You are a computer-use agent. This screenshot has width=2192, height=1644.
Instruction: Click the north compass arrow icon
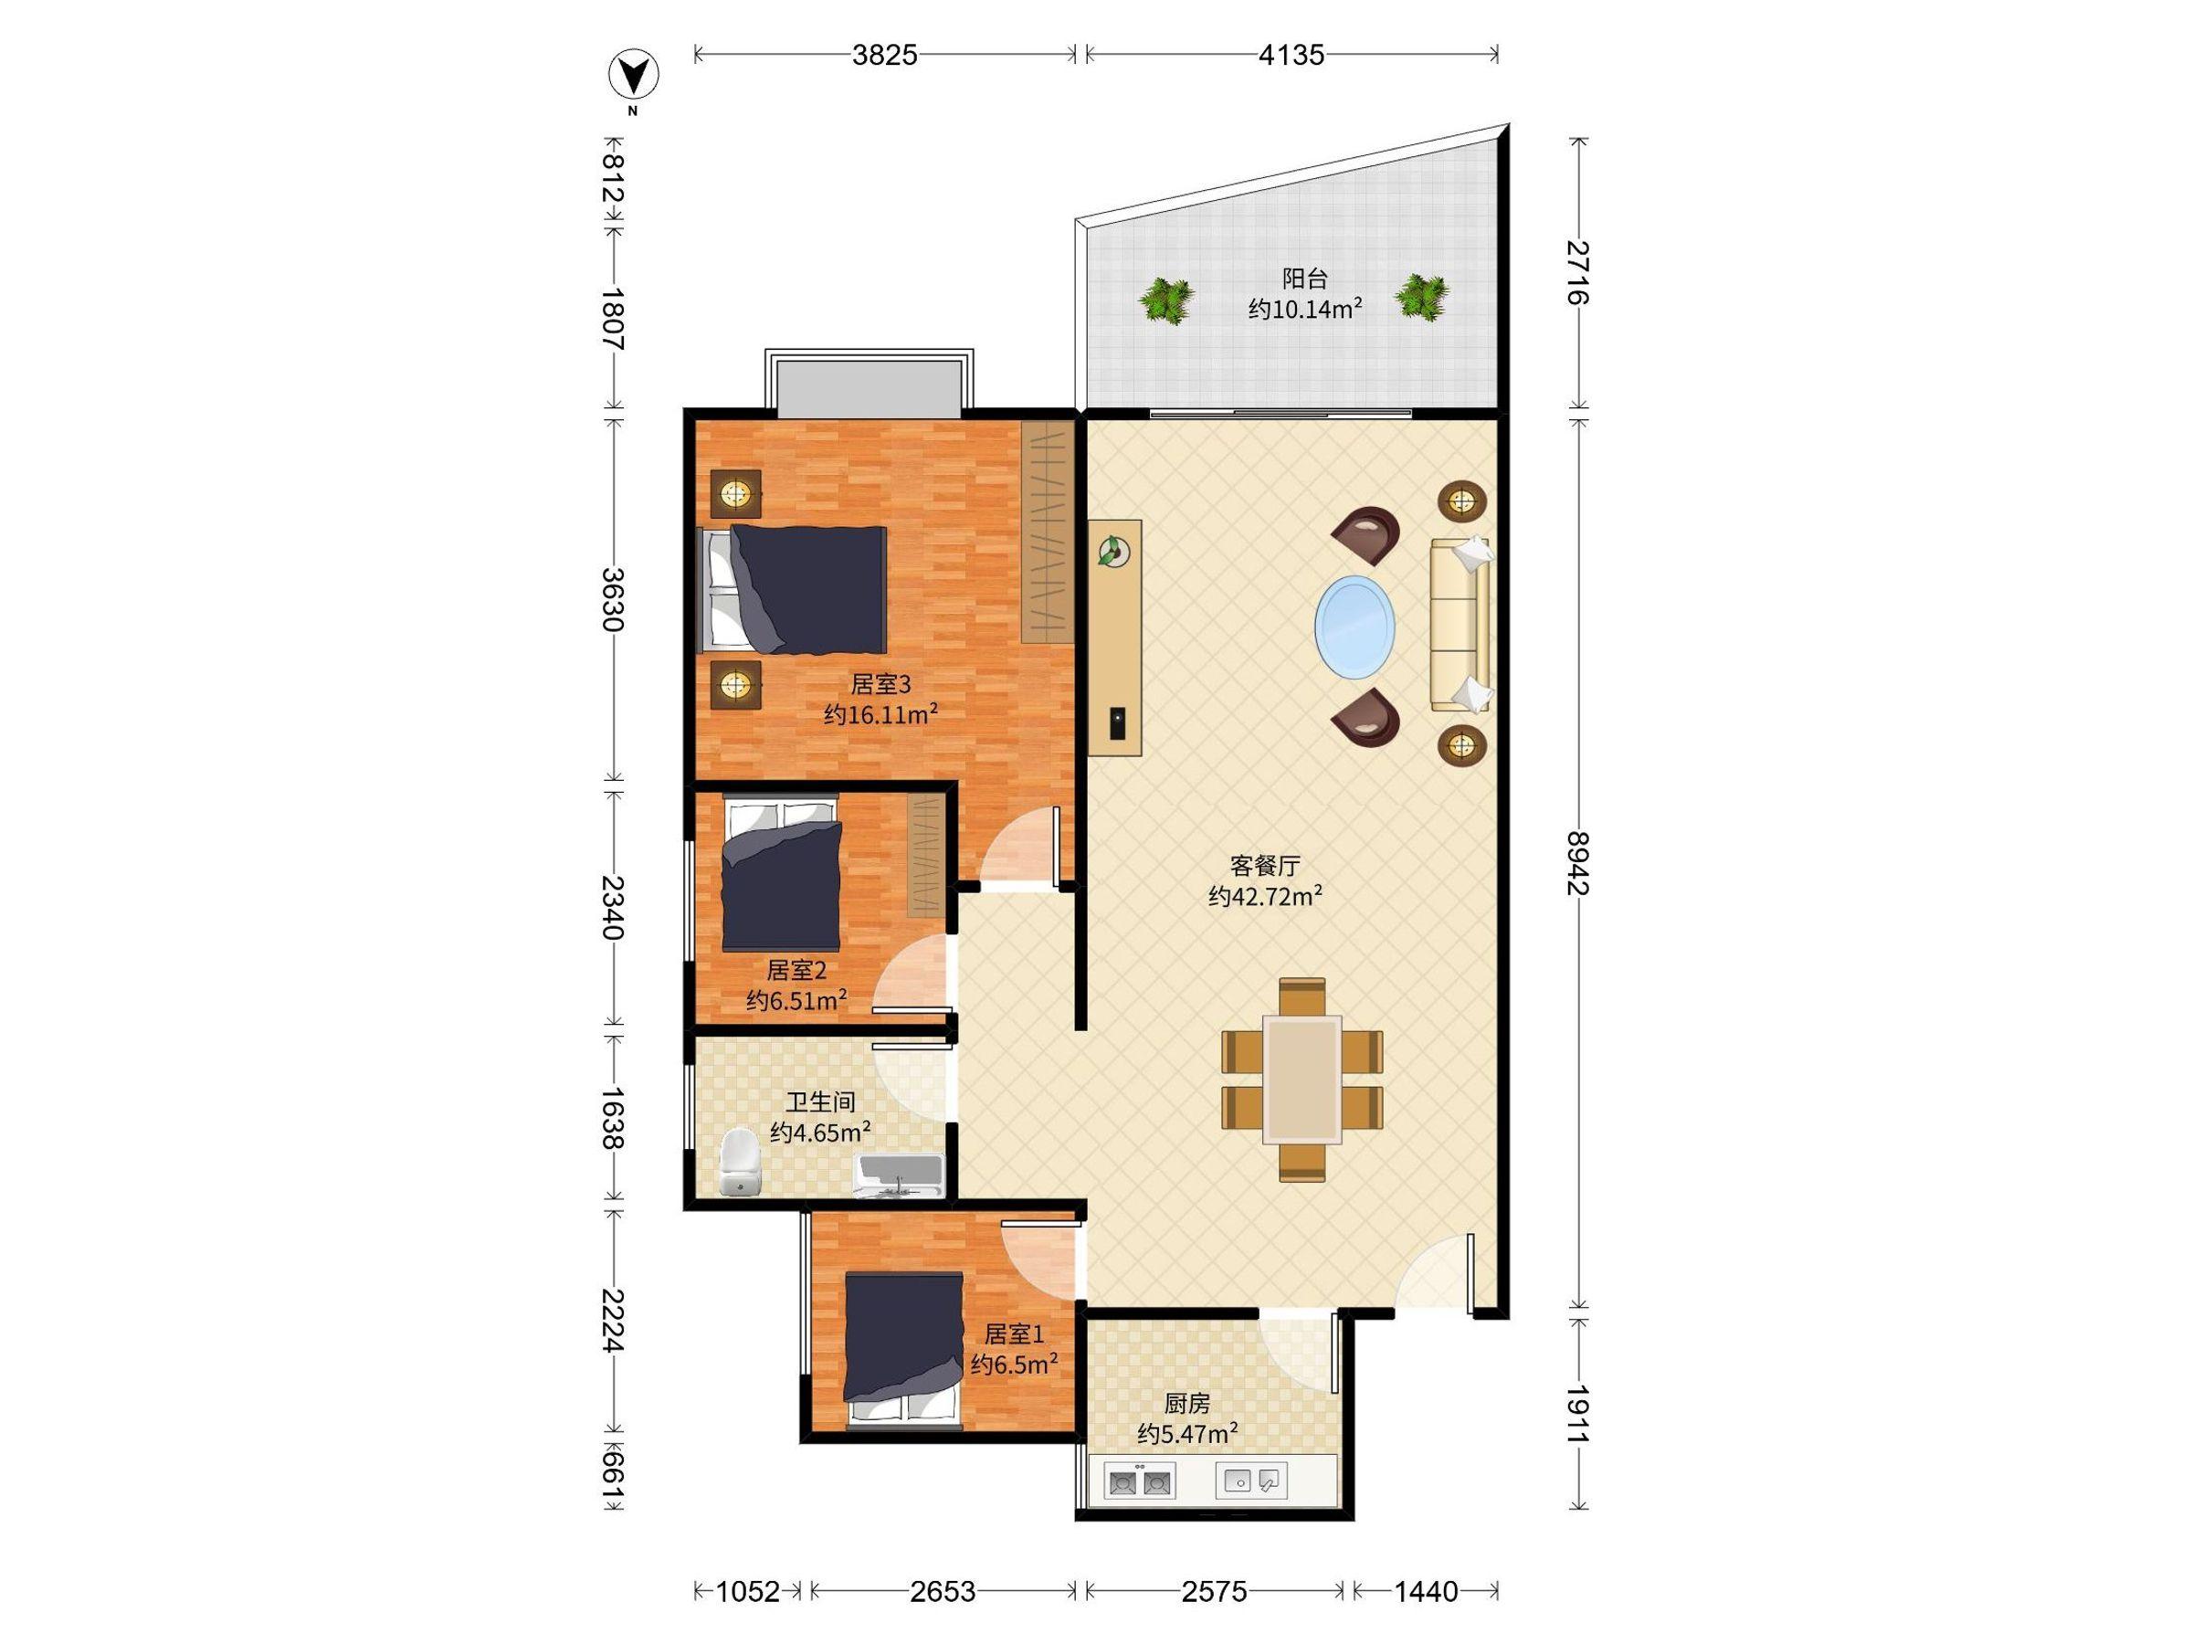[x=632, y=74]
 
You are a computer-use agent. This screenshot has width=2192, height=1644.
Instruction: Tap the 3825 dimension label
[x=884, y=55]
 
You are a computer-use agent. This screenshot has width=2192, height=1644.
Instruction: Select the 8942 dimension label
[x=1577, y=863]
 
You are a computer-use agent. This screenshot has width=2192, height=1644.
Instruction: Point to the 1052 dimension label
[x=747, y=1591]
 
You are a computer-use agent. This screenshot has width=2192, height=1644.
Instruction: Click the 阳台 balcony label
[x=1304, y=279]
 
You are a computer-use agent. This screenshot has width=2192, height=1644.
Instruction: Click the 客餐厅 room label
[x=1264, y=865]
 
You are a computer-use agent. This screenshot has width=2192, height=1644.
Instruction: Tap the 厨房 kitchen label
[x=1186, y=1403]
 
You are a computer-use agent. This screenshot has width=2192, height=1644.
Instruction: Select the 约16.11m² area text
[x=880, y=713]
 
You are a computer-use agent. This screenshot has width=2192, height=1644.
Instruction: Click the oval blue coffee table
[x=1354, y=627]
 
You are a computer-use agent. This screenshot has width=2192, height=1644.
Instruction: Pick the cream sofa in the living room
[x=1460, y=625]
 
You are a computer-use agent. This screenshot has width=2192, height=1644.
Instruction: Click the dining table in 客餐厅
[x=1302, y=1080]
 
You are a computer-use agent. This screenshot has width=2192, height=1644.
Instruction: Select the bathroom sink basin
[x=899, y=1176]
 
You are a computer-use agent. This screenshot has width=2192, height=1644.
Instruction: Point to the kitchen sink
[x=1251, y=1481]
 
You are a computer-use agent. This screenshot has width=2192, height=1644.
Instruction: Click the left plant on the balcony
[x=1165, y=300]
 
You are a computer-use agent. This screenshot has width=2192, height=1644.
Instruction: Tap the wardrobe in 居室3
[x=1048, y=532]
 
